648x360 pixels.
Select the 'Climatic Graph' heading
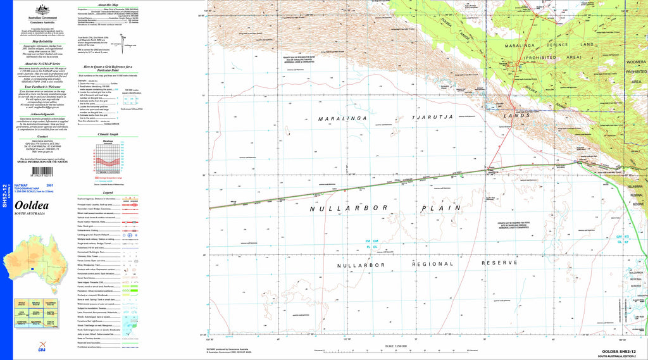(108, 135)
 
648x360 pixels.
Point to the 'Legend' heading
(108, 192)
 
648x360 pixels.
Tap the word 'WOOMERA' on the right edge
(635, 63)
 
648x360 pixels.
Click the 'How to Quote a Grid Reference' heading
(108, 68)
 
